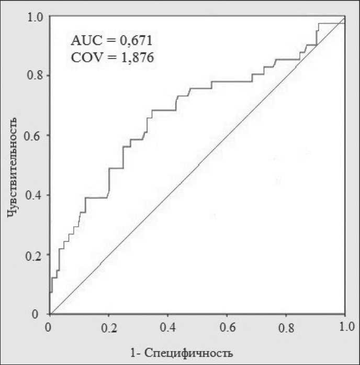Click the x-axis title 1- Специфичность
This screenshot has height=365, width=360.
point(182,351)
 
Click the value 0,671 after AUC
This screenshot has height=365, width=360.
point(137,40)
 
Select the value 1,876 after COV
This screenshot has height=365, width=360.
point(137,58)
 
